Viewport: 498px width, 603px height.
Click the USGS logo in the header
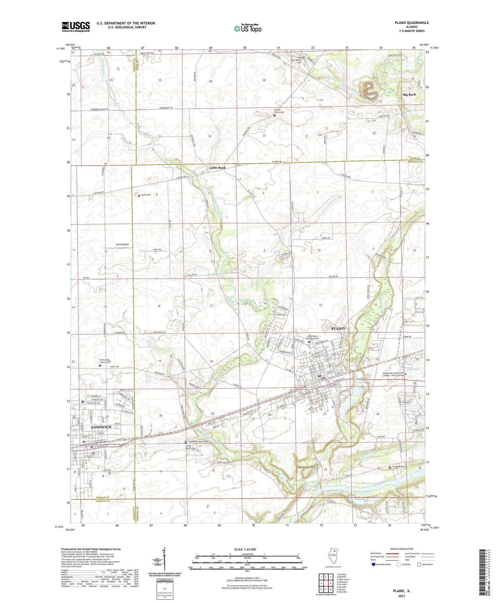tap(76, 27)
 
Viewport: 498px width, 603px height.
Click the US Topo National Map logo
tap(247, 28)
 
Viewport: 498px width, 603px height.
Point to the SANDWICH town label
tap(101, 427)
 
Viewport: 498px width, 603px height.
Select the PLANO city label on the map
tap(338, 328)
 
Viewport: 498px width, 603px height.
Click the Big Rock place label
tap(409, 94)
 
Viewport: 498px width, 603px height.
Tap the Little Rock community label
tap(217, 168)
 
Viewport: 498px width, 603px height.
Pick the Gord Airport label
tap(122, 244)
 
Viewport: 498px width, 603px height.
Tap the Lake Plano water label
tap(413, 369)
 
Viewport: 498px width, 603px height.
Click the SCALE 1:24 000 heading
tap(245, 549)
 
